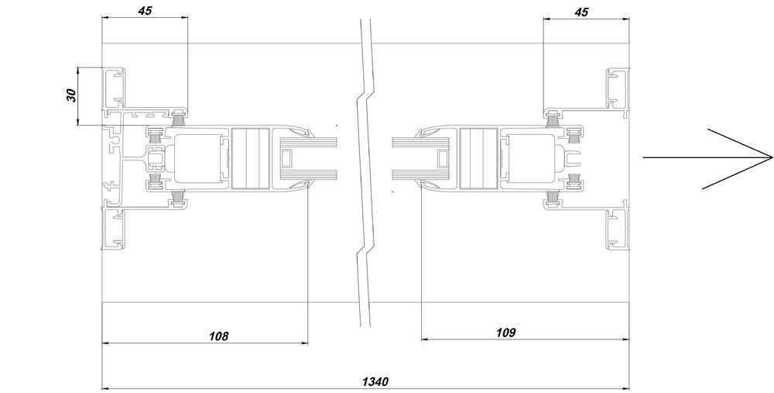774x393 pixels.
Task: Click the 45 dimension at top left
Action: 146,10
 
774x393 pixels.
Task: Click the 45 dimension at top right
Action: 582,12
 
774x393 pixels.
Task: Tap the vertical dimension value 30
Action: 71,95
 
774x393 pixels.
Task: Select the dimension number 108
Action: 219,336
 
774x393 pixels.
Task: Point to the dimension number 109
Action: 505,333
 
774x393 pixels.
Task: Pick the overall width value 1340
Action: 375,382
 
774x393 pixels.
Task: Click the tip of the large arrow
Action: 772,158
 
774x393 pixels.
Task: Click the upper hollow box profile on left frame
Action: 115,88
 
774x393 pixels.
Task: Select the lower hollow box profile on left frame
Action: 115,229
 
